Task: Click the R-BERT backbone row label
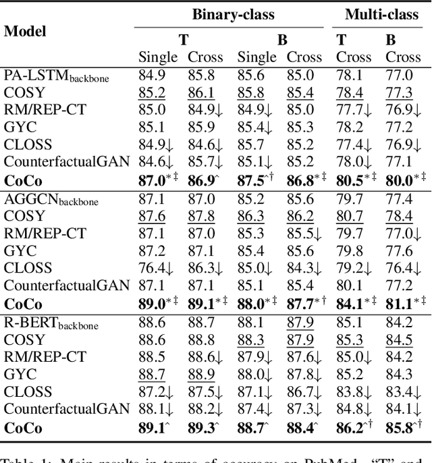(51, 323)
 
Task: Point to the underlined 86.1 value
(201, 93)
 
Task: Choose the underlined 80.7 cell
(349, 217)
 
